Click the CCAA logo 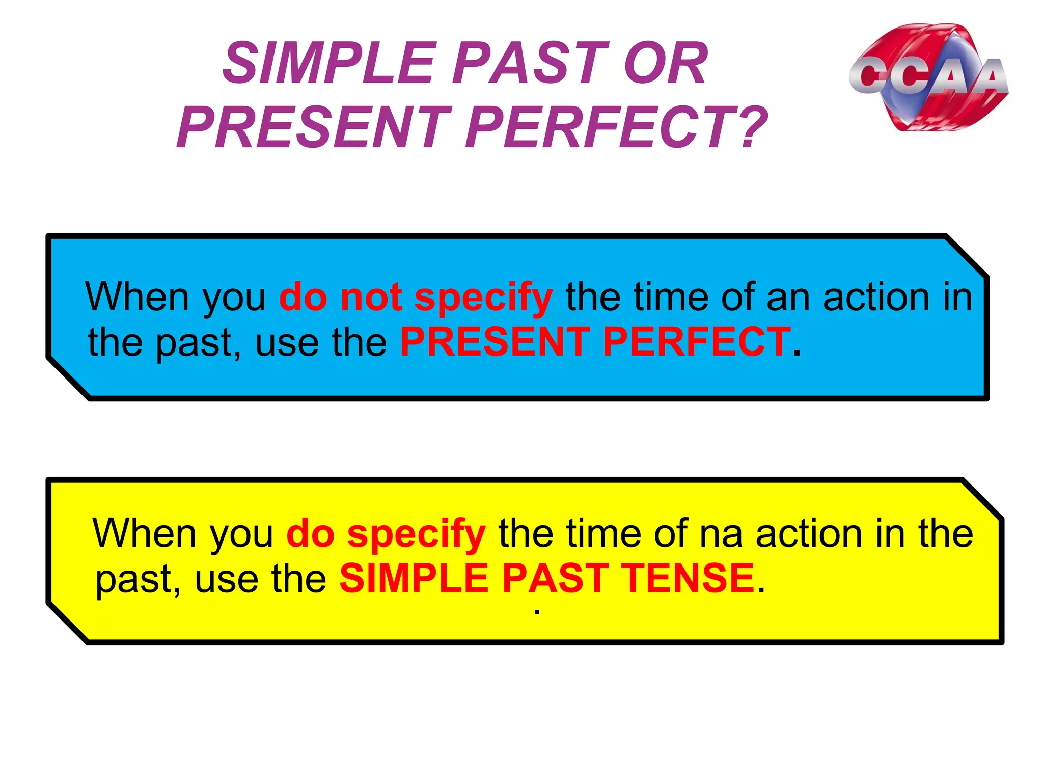(928, 77)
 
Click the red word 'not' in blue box (371, 297)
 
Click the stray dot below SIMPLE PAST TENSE (537, 612)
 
